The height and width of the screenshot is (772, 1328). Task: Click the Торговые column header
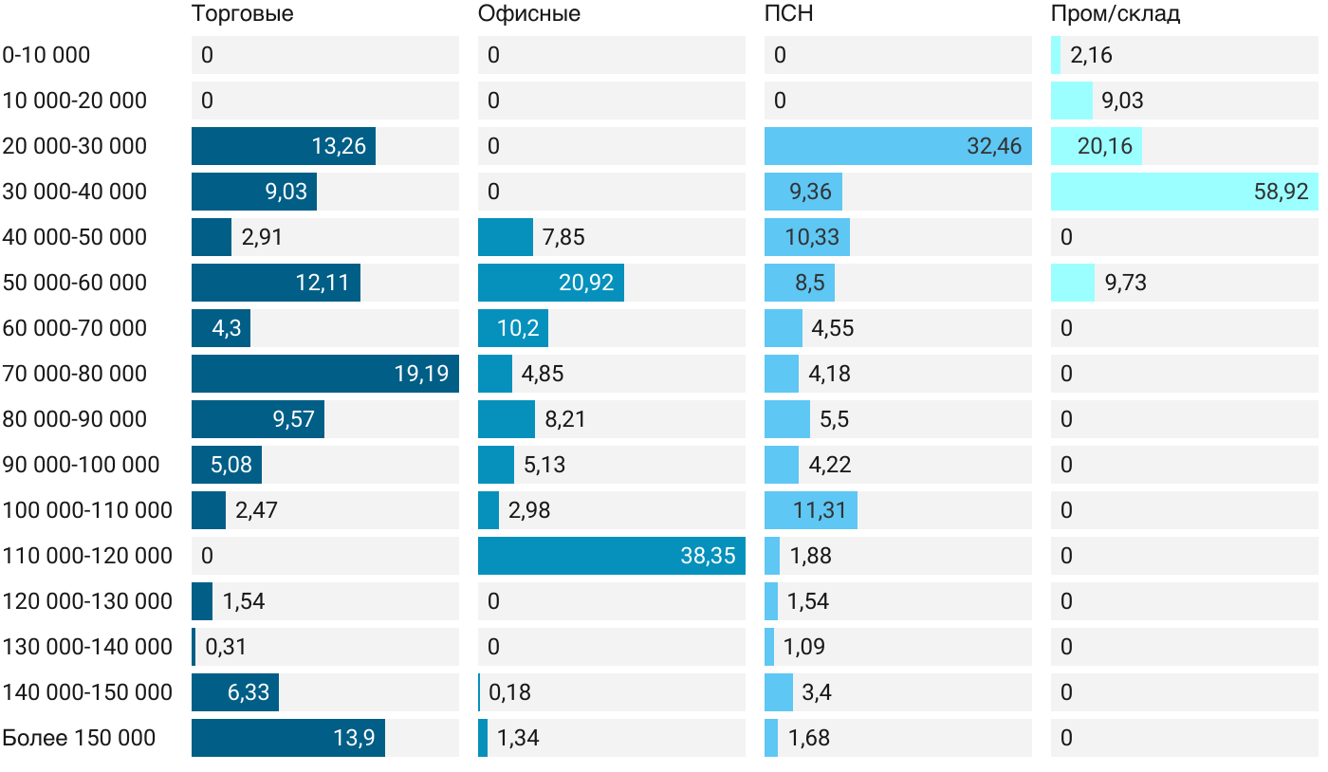coord(242,14)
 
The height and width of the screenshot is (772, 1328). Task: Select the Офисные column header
coord(529,14)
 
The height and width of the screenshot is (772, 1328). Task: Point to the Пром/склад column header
coord(1116,14)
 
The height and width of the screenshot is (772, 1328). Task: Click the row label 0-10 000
coord(46,55)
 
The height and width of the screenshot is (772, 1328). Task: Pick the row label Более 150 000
coord(79,738)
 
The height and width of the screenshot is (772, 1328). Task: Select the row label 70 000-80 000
coord(75,374)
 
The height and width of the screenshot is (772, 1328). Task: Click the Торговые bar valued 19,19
coord(325,374)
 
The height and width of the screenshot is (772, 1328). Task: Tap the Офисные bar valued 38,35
coord(612,556)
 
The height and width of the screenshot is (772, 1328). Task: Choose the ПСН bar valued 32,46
coord(898,146)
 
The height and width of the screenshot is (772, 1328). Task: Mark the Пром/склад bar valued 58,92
coord(1185,192)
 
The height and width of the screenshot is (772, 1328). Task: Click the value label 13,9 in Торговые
coord(354,738)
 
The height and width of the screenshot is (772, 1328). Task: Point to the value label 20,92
coord(586,283)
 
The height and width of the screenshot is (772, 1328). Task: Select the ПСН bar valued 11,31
coord(811,510)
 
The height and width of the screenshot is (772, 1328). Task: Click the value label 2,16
coord(1091,55)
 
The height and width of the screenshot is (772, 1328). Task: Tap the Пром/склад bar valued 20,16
coord(1097,146)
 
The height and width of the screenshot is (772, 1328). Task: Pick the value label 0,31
coord(226,647)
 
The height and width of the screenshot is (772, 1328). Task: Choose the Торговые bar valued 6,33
coord(235,692)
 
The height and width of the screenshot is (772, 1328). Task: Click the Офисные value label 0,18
coord(509,692)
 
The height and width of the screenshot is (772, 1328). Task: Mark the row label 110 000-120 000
coord(87,556)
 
